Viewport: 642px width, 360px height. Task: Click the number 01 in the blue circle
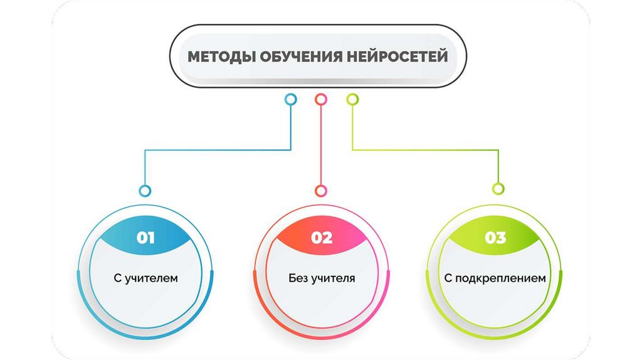click(145, 238)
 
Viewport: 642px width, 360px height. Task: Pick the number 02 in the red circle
click(321, 238)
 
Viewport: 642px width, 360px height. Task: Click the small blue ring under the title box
click(290, 99)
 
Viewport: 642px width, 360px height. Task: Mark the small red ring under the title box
click(321, 99)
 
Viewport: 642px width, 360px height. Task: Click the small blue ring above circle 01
click(145, 190)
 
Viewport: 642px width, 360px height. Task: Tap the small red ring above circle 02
click(321, 190)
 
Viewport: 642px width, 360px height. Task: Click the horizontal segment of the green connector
click(426, 150)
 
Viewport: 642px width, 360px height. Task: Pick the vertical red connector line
click(321, 144)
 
